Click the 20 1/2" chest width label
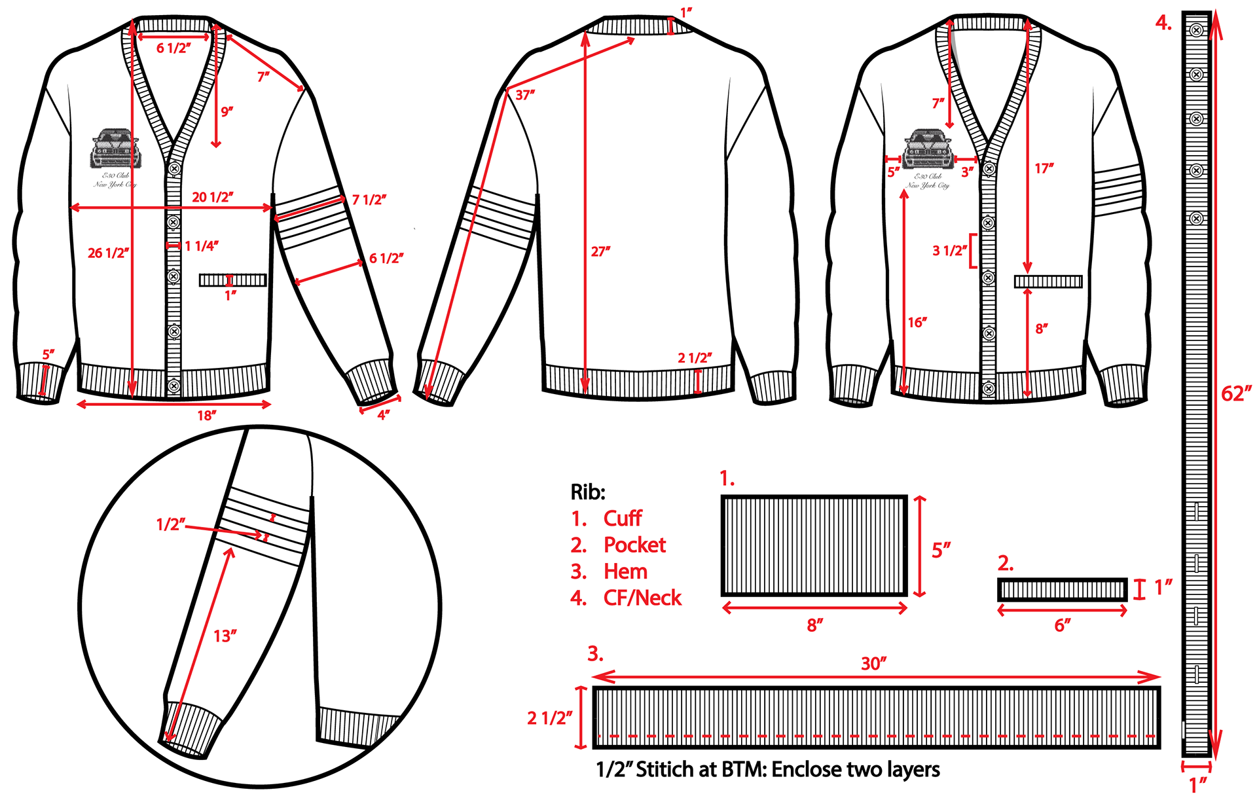point(212,197)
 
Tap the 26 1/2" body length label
point(108,253)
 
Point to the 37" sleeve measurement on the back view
point(525,95)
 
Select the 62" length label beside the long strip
point(1236,393)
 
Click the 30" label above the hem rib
point(873,663)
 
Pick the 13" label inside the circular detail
point(225,636)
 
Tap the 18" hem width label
point(207,416)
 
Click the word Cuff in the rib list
point(623,518)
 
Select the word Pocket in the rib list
point(634,545)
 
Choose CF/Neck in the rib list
point(642,598)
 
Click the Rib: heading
point(588,492)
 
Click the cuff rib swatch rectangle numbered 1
point(814,545)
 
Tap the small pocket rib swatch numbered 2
point(1062,590)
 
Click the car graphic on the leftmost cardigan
point(116,149)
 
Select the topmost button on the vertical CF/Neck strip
point(1196,29)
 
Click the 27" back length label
point(600,251)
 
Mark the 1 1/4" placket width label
point(201,246)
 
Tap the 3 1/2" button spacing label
point(949,251)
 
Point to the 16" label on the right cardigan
point(917,322)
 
